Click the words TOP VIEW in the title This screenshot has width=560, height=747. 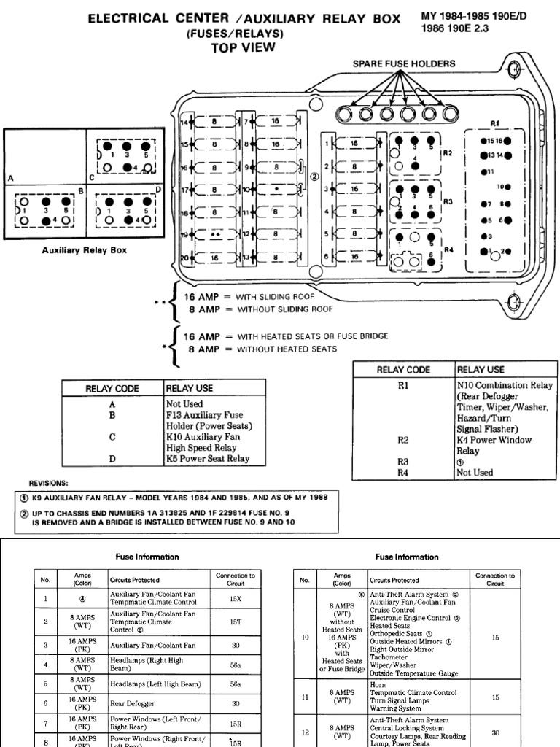pyautogui.click(x=244, y=47)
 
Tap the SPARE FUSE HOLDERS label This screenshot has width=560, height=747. pyautogui.click(x=404, y=63)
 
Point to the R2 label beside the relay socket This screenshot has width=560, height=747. pyautogui.click(x=448, y=153)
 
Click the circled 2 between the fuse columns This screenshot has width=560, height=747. pyautogui.click(x=314, y=175)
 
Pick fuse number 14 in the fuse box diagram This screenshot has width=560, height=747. pyautogui.click(x=184, y=123)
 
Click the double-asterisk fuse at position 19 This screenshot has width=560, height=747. pyautogui.click(x=215, y=234)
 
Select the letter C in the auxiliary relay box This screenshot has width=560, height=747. pyautogui.click(x=92, y=177)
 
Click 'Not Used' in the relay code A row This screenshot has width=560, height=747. pyautogui.click(x=184, y=403)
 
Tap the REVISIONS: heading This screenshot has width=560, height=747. pyautogui.click(x=49, y=483)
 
